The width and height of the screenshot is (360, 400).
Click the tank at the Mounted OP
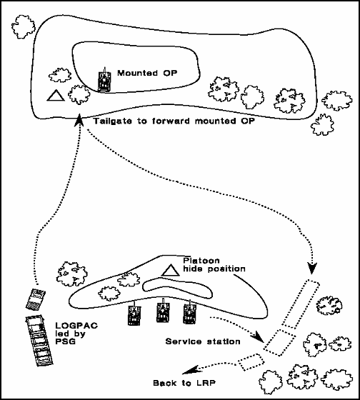(104, 80)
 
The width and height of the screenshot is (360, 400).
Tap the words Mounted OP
(147, 73)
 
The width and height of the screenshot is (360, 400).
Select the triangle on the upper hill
(56, 96)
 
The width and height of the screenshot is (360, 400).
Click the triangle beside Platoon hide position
(171, 271)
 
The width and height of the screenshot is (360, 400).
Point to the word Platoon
(201, 261)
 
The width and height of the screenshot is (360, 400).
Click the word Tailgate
(113, 121)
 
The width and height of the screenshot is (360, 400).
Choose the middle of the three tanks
(163, 311)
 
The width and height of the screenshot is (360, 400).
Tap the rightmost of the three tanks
(189, 311)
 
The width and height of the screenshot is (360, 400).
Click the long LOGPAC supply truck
(40, 341)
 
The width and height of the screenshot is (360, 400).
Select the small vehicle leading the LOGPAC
(36, 299)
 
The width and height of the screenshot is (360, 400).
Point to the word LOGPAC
(76, 326)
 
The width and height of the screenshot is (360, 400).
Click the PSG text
(66, 341)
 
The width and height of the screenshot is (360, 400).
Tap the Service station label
(203, 341)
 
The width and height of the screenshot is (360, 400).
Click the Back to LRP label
(184, 383)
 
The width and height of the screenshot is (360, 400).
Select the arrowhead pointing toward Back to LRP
(190, 370)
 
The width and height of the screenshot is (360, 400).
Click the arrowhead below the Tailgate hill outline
(79, 120)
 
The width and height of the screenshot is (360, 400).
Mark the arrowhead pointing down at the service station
(312, 268)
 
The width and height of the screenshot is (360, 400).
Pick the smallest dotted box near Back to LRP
(251, 362)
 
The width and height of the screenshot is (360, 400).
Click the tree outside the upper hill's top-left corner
(24, 26)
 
